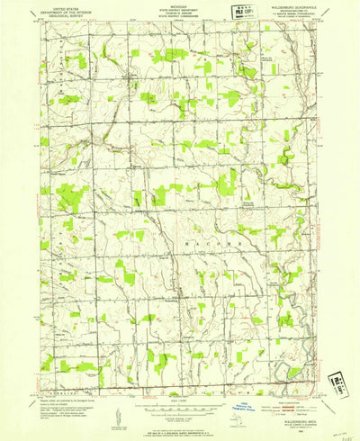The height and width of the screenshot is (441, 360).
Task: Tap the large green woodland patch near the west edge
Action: point(70,196)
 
